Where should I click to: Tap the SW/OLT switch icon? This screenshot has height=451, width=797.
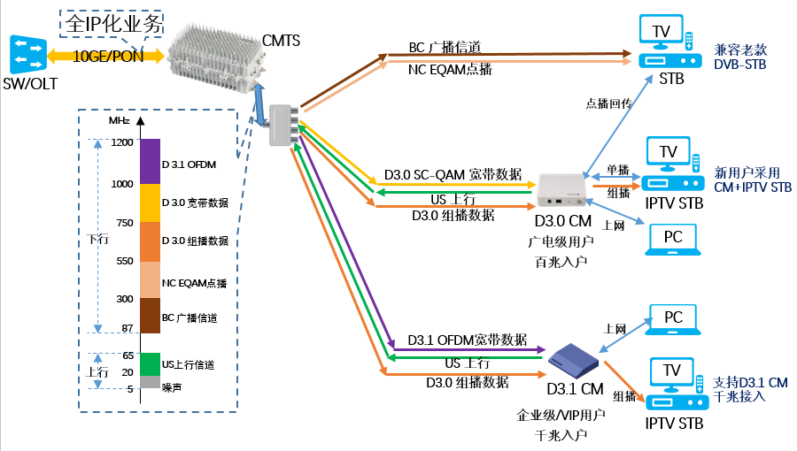coord(27,54)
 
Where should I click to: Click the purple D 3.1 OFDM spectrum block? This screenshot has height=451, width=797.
coord(149,161)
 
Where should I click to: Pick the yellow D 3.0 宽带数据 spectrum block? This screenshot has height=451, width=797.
coord(149,203)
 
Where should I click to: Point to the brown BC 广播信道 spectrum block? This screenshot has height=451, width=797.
coord(149,316)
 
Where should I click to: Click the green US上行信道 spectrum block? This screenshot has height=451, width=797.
coord(149,364)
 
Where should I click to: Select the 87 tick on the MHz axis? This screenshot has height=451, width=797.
coord(126,329)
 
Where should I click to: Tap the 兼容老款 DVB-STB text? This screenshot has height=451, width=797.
coord(740,57)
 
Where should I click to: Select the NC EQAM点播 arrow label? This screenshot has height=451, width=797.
coord(450,69)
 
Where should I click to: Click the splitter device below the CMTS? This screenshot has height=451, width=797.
coord(285,125)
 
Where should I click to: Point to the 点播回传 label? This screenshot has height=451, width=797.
coord(608,103)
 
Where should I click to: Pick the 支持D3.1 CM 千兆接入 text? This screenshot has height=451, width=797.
coord(750,390)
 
